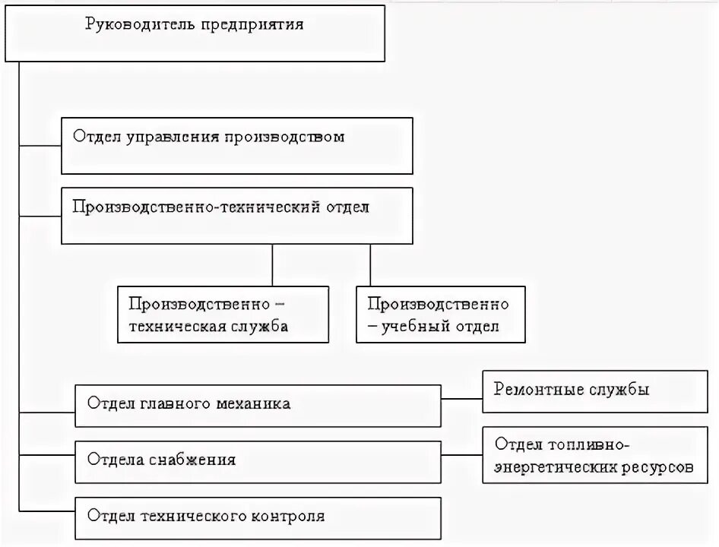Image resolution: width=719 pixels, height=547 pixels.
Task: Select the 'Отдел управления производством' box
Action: [x=236, y=146]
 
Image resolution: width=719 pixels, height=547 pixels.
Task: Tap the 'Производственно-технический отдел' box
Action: [x=236, y=216]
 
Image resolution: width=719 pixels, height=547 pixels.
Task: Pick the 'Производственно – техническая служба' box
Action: [x=223, y=315]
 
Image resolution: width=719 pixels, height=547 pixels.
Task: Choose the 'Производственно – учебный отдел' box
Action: [x=440, y=315]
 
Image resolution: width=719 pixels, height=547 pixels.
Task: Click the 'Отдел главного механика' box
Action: [x=258, y=405]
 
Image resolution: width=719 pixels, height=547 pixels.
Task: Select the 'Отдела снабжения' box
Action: [x=258, y=460]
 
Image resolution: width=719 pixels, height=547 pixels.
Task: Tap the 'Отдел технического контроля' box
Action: [x=258, y=517]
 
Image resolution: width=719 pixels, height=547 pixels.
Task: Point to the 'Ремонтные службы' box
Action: [x=594, y=391]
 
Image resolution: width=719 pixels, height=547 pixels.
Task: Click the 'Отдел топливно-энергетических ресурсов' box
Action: [x=594, y=456]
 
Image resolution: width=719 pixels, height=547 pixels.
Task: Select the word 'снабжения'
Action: [x=195, y=460]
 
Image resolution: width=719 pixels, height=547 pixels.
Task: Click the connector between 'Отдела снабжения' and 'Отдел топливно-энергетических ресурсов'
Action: [x=461, y=456]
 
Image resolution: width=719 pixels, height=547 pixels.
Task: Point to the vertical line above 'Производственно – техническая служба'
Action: [x=272, y=264]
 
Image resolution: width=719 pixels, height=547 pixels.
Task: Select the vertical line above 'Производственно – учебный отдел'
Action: [x=370, y=264]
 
